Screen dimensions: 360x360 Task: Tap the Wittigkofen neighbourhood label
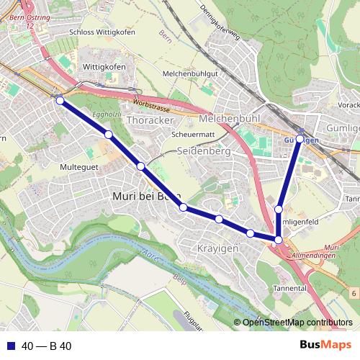(104, 67)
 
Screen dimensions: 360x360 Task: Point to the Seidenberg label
(204, 151)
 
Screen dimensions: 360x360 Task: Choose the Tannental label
(289, 289)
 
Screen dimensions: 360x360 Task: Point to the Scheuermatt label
(194, 135)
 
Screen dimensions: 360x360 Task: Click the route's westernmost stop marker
(60, 100)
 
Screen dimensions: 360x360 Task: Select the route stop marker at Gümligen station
(300, 138)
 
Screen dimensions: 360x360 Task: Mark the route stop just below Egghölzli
(108, 135)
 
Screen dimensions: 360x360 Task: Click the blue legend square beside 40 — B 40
(10, 346)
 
